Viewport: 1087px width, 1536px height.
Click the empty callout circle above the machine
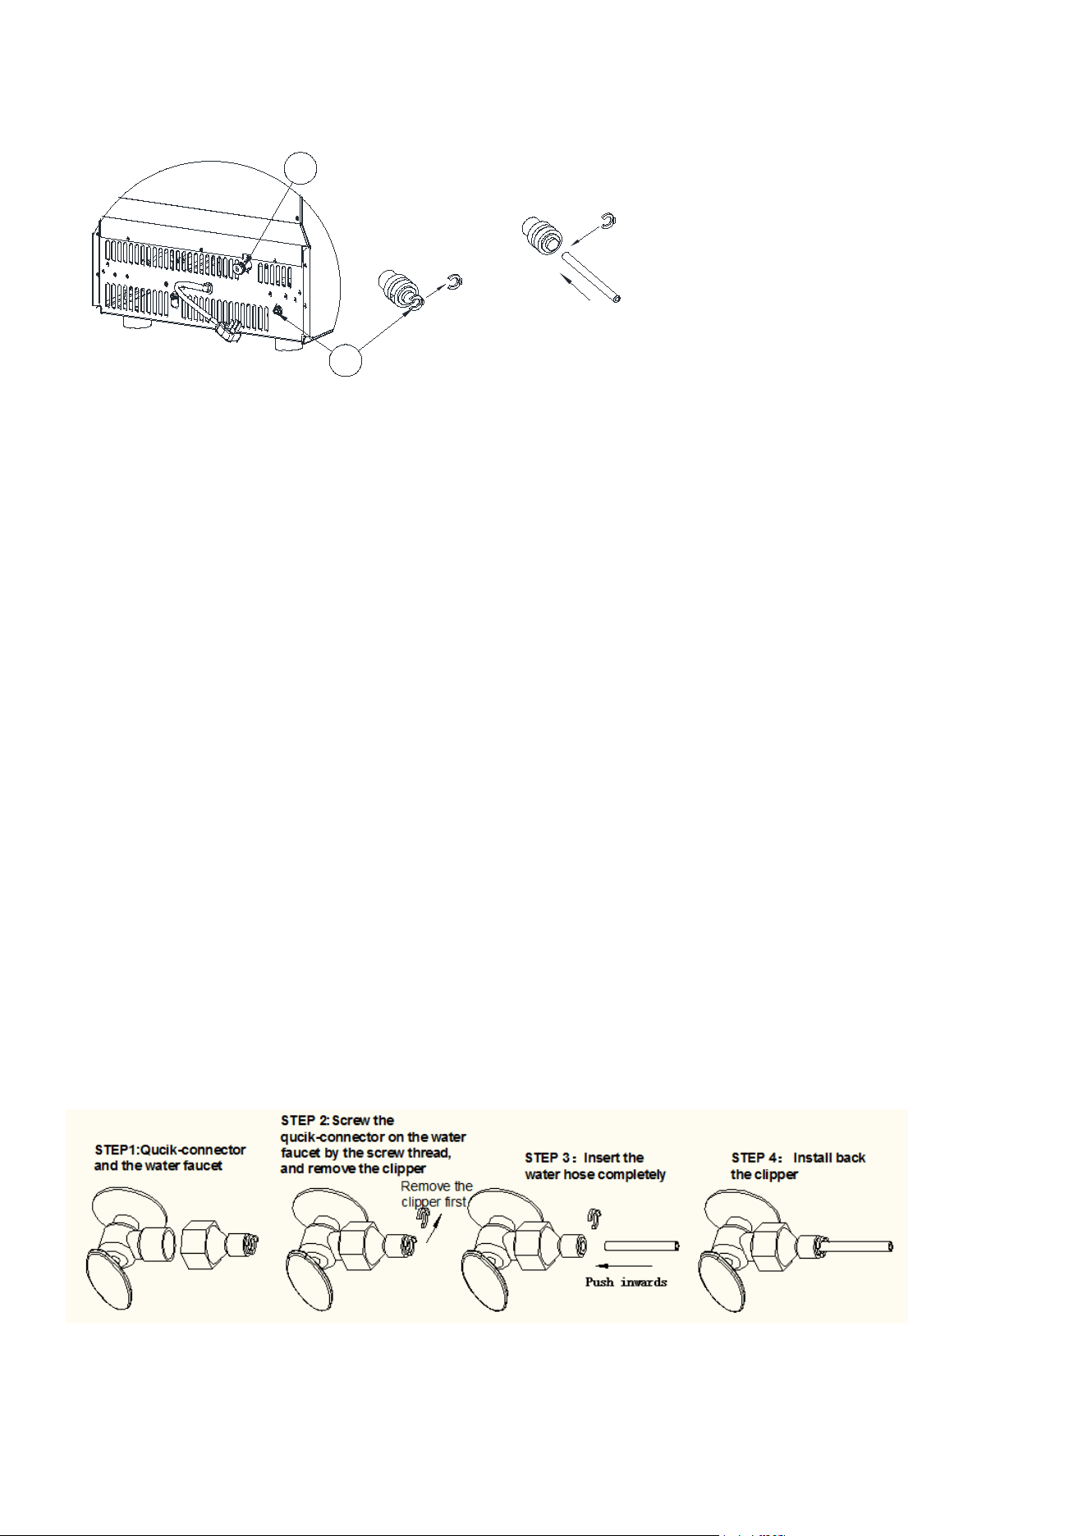301,167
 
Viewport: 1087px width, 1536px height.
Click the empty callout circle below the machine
346,359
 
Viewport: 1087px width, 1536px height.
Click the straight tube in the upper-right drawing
591,278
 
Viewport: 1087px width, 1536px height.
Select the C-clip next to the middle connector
456,283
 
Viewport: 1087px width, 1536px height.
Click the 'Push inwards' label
626,1282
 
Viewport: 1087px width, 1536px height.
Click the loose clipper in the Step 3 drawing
592,1218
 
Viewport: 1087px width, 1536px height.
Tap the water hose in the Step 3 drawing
641,1246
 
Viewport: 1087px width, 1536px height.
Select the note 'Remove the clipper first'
436,1194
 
